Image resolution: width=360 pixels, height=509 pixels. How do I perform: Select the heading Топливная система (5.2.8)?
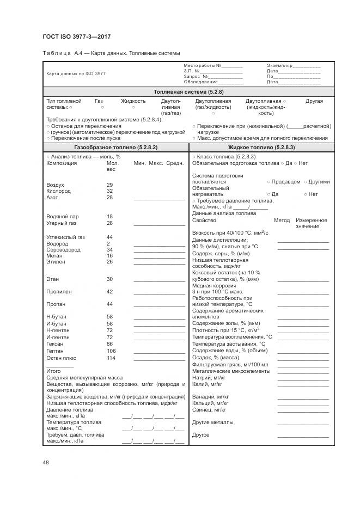(188, 92)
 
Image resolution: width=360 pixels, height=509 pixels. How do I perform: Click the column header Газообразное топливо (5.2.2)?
(115, 148)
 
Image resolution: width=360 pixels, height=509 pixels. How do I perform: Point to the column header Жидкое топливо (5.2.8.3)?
(261, 148)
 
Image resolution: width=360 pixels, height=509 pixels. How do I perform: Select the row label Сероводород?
(63, 250)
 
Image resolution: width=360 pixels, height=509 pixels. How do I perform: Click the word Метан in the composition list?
(54, 256)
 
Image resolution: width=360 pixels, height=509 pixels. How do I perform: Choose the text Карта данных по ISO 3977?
(76, 73)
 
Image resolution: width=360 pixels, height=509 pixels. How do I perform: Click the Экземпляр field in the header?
(280, 66)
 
